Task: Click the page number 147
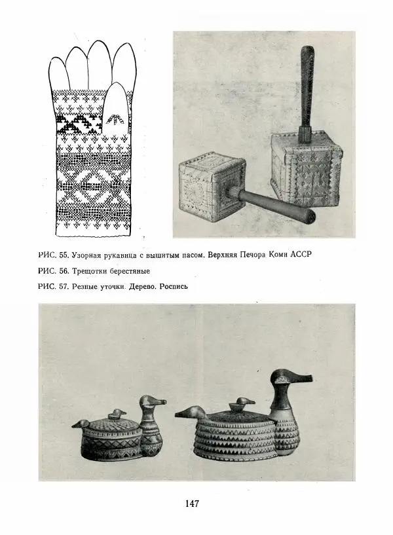pos(192,504)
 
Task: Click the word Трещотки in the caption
pos(98,271)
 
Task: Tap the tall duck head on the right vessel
pos(291,380)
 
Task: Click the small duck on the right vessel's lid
pos(244,403)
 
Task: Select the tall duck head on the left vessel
pos(151,403)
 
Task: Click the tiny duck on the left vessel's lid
pos(118,414)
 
